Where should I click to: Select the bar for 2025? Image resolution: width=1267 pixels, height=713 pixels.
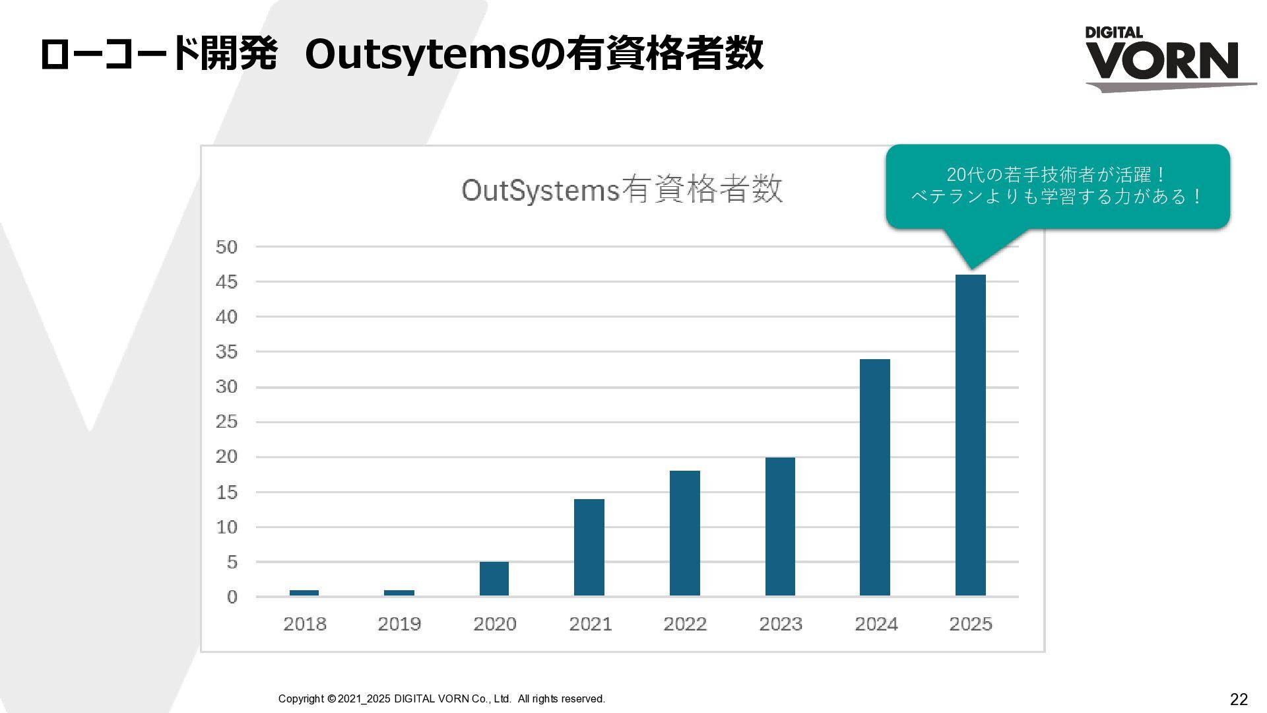coord(970,435)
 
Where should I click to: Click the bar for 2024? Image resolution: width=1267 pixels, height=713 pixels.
coord(875,477)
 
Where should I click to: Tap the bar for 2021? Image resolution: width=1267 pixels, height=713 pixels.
coord(589,547)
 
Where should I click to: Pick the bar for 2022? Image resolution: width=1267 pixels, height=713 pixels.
coord(684,533)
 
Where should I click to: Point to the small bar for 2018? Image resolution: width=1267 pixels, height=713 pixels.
coord(304,593)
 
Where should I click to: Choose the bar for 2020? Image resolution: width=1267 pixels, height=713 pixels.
coord(494,579)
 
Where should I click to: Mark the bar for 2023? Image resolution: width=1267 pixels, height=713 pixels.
coord(780,527)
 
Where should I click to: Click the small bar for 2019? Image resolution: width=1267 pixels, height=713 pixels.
coord(399,593)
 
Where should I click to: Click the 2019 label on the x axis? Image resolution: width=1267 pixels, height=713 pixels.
coord(399,624)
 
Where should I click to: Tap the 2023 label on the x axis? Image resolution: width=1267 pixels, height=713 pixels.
coord(781,624)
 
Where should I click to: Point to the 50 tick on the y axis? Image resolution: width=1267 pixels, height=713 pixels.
coord(226,247)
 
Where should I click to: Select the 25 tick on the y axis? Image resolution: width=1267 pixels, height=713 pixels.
coord(226,422)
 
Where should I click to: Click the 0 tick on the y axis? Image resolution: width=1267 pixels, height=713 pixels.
coord(232,597)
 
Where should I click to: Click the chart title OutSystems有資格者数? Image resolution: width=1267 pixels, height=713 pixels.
coord(622,190)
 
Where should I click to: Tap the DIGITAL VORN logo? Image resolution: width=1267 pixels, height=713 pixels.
coord(1170,59)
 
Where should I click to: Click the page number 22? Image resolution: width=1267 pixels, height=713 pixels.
coord(1239,700)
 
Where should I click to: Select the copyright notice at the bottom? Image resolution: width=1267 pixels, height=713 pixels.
coord(441,698)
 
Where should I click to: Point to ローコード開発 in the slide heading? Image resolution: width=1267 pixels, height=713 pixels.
coord(158,54)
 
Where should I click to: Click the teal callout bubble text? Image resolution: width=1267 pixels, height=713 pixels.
coord(1057,186)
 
